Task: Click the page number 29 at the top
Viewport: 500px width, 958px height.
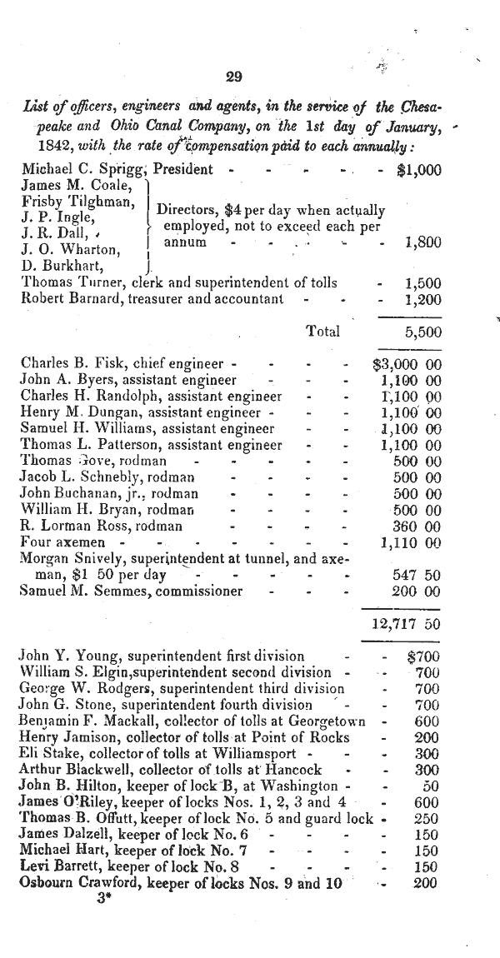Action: pos(234,77)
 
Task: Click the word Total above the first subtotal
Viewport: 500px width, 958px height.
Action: pos(323,331)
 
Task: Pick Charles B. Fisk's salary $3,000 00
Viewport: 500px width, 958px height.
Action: pos(406,364)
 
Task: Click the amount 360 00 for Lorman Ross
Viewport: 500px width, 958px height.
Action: pos(417,526)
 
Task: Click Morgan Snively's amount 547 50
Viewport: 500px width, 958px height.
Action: pos(417,575)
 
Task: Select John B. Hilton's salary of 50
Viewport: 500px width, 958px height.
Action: pos(431,786)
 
